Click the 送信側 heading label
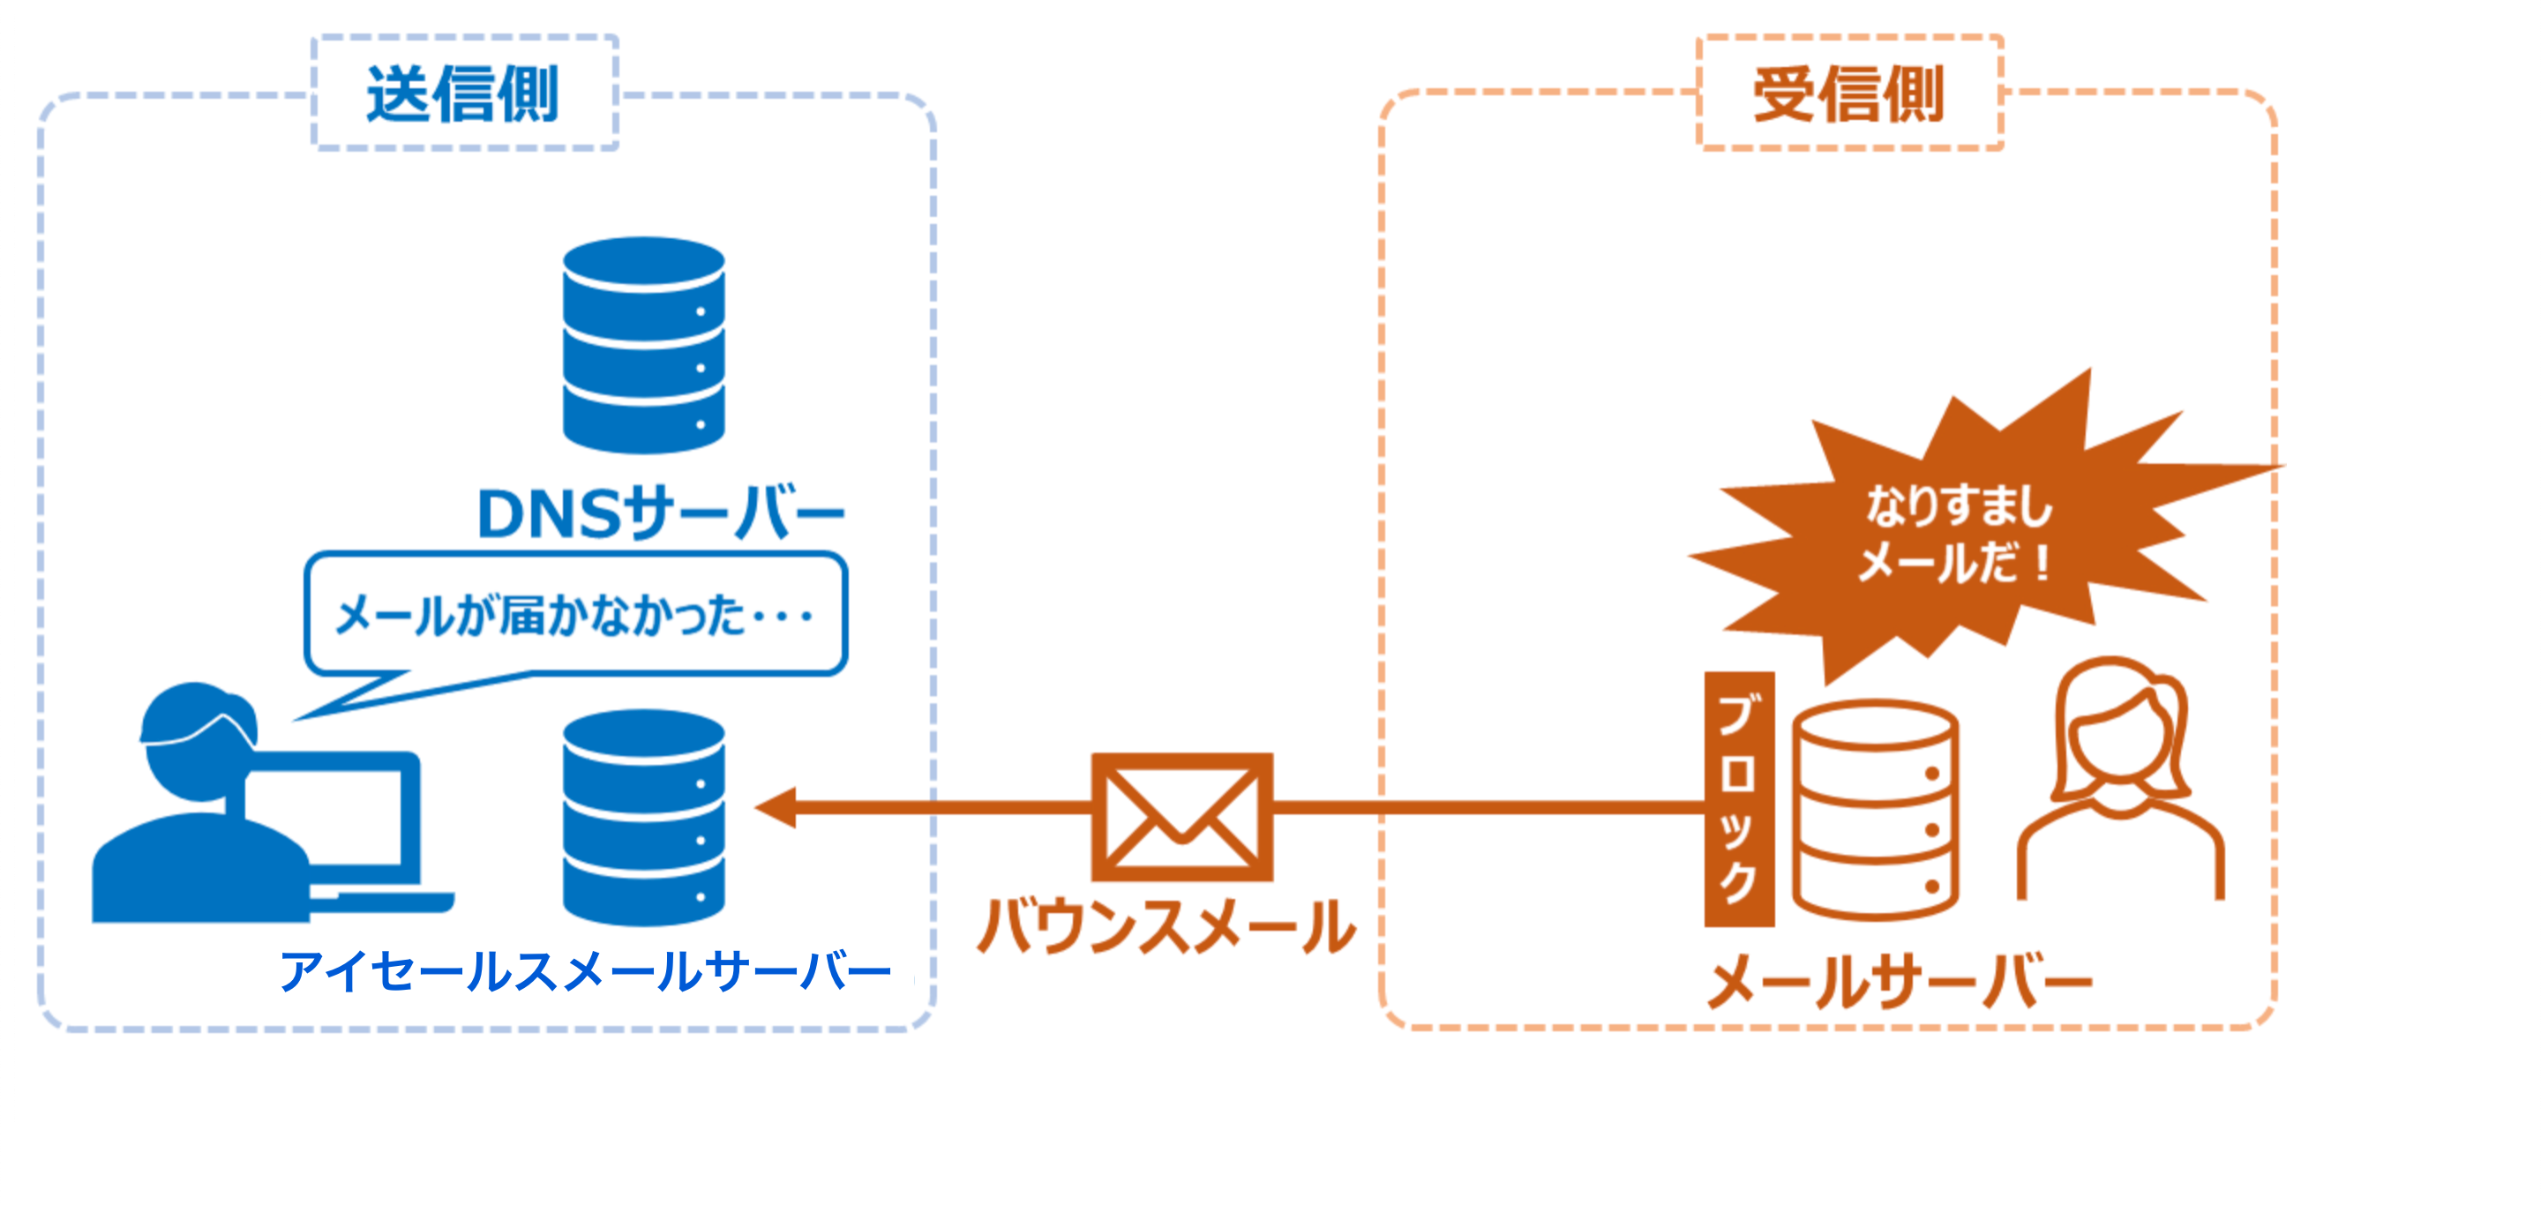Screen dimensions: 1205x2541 point(462,94)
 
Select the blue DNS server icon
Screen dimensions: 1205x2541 point(643,345)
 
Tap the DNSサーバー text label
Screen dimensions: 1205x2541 point(660,513)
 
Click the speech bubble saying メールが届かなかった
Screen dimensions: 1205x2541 point(575,614)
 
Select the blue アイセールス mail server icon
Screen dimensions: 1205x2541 point(643,819)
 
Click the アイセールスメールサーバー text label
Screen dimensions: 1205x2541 point(586,971)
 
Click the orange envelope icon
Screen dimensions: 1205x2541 point(1181,817)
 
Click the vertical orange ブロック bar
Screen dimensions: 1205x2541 point(1738,798)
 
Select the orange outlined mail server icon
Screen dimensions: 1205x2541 point(1874,809)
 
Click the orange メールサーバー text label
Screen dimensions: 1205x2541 point(1899,981)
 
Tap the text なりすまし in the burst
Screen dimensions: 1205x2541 point(1958,505)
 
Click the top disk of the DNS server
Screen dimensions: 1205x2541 point(643,261)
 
